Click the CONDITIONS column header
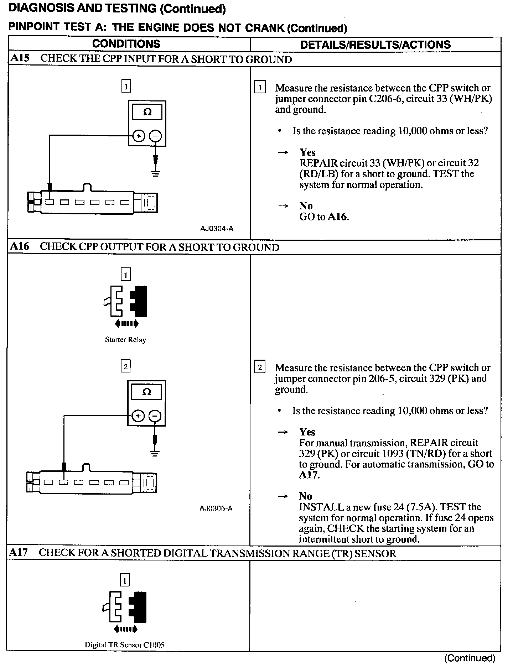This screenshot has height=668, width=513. [x=126, y=44]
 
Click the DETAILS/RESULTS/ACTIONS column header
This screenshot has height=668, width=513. [x=375, y=45]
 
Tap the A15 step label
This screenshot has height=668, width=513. [x=20, y=58]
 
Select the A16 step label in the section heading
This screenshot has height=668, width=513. [x=20, y=246]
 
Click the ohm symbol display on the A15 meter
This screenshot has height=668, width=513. [x=147, y=112]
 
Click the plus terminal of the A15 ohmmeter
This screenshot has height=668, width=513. [x=139, y=136]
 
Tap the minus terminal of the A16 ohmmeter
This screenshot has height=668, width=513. [x=155, y=416]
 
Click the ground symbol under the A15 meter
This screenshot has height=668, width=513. [x=156, y=173]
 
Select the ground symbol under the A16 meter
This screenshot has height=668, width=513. [x=155, y=453]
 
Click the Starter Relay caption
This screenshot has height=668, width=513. [x=125, y=340]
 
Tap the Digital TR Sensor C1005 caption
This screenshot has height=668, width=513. [x=124, y=645]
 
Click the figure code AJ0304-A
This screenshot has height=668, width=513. [x=217, y=229]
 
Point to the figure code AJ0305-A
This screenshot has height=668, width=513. [x=216, y=508]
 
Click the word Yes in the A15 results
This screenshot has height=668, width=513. [x=307, y=152]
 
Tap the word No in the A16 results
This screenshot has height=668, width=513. [x=306, y=496]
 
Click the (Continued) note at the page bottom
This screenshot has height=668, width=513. [x=470, y=658]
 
